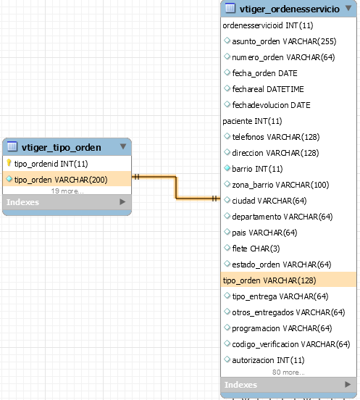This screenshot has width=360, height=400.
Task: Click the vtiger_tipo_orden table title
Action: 61,147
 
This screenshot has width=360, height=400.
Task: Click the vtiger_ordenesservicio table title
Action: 290,9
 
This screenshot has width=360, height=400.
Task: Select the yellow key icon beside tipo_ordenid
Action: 9,163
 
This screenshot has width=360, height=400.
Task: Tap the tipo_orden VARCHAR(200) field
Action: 61,180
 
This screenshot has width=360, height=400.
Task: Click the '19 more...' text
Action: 67,191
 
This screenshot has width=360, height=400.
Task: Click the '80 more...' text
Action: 288,372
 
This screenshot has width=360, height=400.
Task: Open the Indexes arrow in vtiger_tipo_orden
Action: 122,201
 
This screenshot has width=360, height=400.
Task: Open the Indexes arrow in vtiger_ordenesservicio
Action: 348,384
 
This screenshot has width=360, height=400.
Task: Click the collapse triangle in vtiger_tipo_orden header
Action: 123,146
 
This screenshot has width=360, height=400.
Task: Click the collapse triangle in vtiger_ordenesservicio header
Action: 348,8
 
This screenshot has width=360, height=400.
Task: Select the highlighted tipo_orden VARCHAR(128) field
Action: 269,280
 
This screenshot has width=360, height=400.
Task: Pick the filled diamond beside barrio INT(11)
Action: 227,168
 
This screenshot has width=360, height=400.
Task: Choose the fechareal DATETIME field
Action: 268,89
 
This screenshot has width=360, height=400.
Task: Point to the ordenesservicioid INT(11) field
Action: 268,25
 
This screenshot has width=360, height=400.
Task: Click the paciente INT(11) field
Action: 252,121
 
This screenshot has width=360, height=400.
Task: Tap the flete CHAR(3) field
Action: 256,249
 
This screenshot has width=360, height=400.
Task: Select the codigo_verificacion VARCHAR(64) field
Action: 291,344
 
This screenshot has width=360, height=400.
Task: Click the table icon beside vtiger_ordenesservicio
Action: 230,8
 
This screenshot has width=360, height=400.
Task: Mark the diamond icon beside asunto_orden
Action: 227,41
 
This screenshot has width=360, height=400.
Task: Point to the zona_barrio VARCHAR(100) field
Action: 280,185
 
